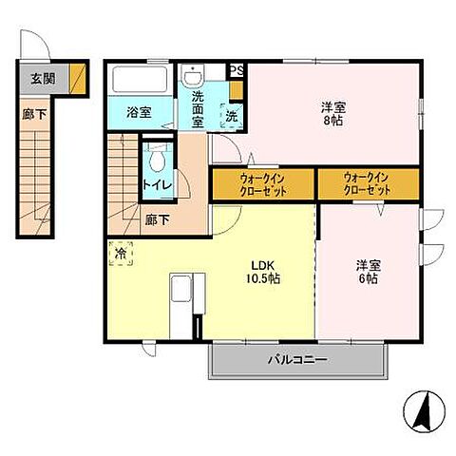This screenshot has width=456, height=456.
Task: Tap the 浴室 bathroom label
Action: [139, 112]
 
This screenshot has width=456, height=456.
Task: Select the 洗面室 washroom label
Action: [198, 109]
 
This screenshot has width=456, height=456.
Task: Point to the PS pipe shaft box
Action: [237, 71]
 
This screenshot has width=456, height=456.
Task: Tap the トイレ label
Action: [157, 184]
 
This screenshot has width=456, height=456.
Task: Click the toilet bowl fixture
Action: [157, 154]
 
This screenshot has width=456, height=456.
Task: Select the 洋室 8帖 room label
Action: [332, 114]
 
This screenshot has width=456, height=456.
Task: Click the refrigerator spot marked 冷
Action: [121, 255]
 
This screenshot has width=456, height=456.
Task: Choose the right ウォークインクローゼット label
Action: [367, 183]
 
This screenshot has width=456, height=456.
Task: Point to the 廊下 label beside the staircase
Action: [158, 219]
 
